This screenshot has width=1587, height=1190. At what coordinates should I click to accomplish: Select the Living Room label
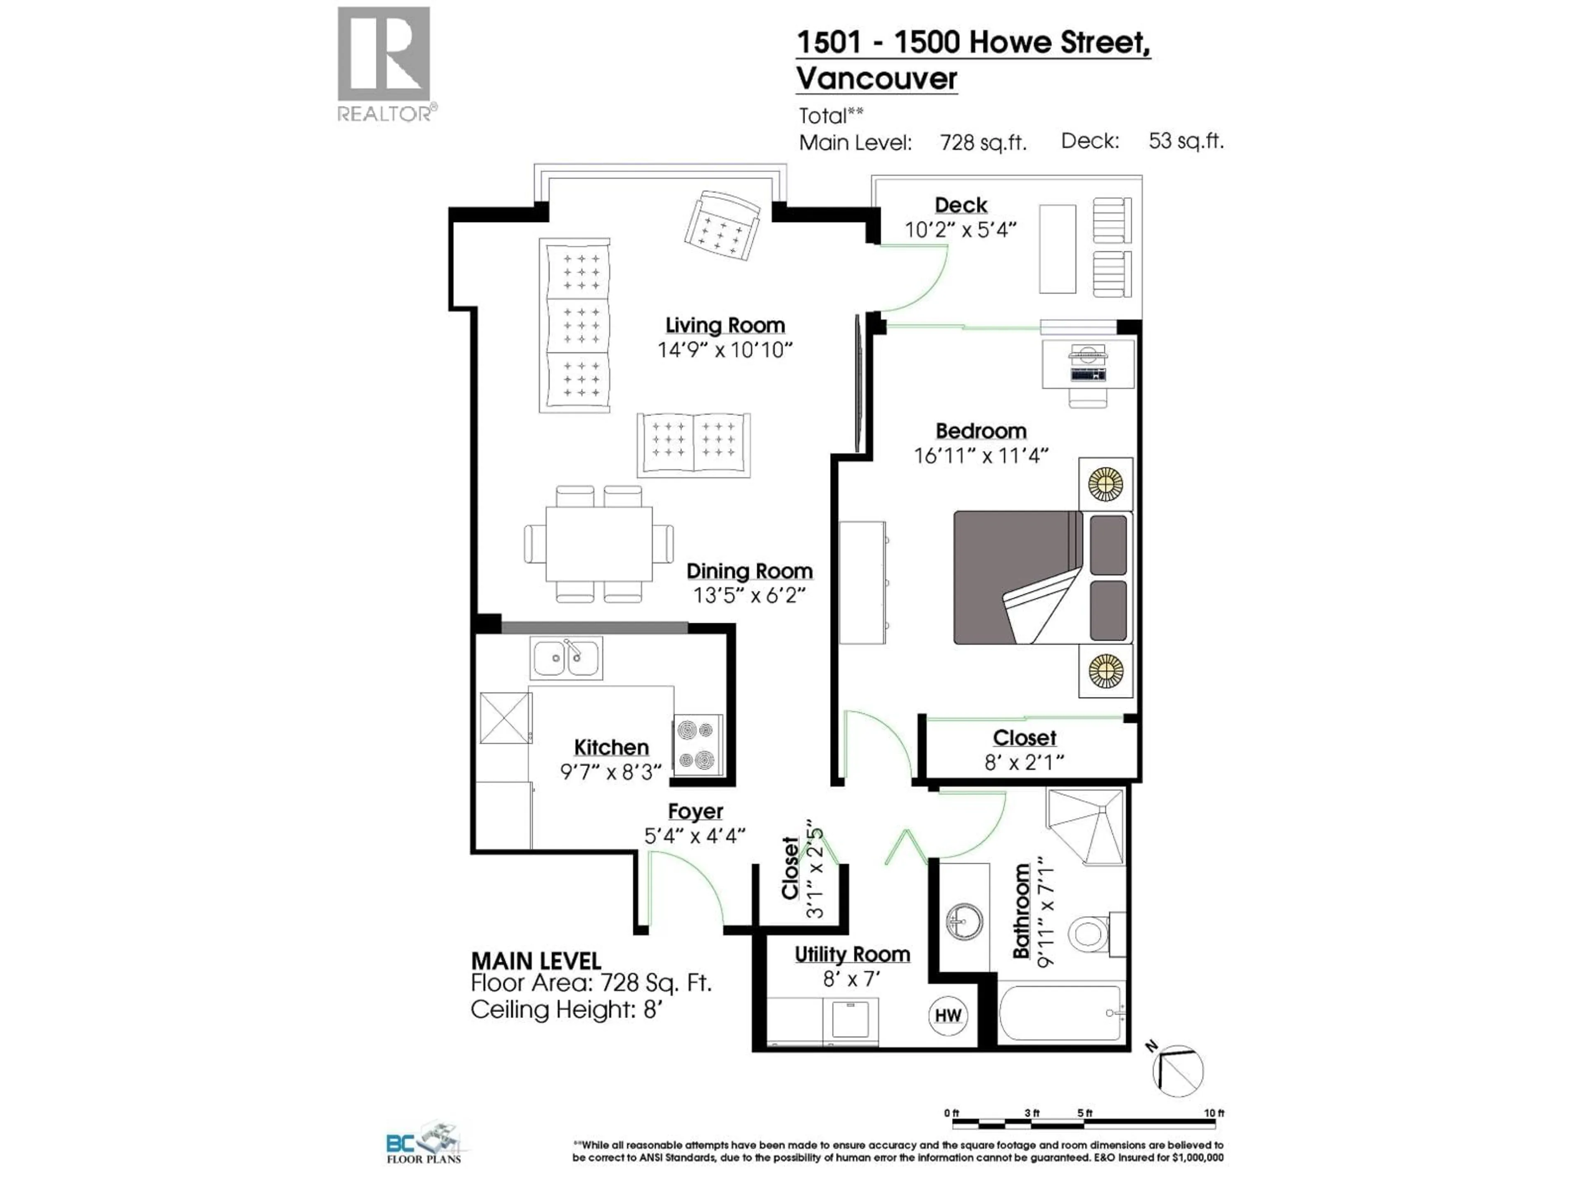click(x=724, y=325)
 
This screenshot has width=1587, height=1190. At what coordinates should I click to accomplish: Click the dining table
click(x=599, y=544)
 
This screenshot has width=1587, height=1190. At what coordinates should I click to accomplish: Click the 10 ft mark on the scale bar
click(x=1214, y=1113)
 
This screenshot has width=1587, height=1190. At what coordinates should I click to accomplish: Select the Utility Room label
click(x=852, y=955)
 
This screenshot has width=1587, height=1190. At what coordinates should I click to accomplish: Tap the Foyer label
click(x=695, y=811)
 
